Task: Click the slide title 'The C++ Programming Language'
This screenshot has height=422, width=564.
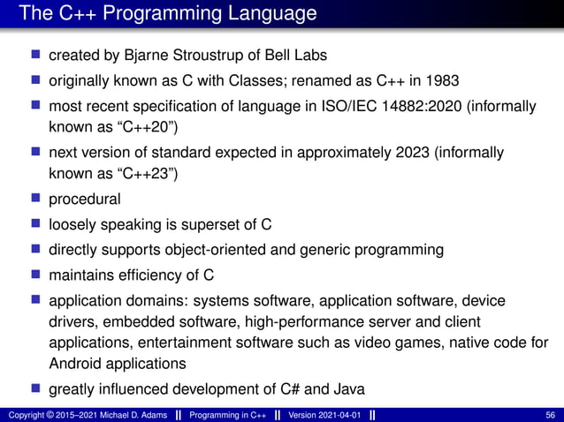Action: (167, 14)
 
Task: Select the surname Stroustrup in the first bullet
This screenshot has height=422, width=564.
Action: (195, 56)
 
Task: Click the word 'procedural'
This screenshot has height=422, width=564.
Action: (85, 198)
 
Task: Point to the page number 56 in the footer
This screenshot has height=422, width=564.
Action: (551, 415)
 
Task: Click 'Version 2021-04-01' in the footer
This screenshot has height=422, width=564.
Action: (323, 415)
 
